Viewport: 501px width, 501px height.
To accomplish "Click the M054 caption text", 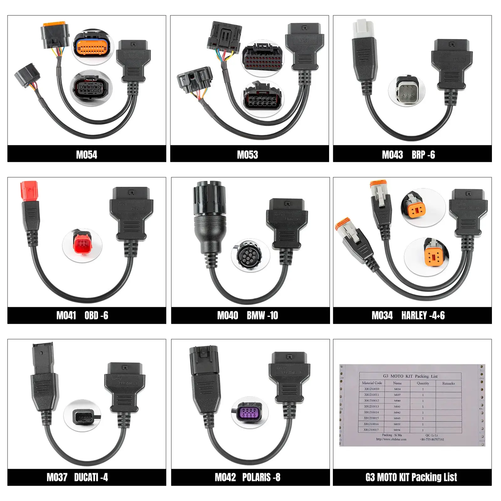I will (x=86, y=155).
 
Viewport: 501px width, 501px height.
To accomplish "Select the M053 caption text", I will (x=247, y=155).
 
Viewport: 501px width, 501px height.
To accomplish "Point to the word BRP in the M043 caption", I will (x=418, y=155).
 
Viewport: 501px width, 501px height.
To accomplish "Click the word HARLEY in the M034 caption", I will (x=414, y=315).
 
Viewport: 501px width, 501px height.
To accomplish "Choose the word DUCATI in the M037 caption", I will (x=86, y=477).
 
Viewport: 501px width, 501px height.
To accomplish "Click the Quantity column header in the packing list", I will (x=423, y=383).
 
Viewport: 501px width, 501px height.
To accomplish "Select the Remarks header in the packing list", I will (x=448, y=383).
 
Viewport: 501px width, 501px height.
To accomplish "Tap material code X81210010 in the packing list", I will (x=372, y=389).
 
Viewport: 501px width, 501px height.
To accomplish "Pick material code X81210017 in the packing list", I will (x=371, y=430).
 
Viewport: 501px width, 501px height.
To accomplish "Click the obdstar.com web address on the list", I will (x=391, y=439).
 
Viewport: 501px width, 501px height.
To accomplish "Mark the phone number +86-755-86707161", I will (x=432, y=439).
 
